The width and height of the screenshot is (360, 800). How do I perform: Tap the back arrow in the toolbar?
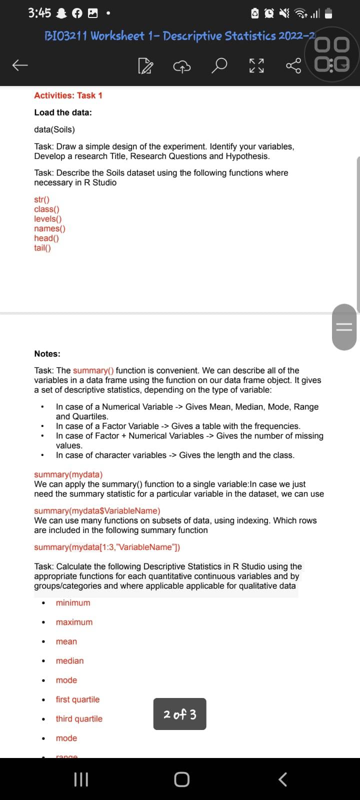[x=19, y=65]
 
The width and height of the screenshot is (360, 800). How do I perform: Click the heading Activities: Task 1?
[x=68, y=95]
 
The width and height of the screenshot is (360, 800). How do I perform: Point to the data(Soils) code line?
[x=54, y=129]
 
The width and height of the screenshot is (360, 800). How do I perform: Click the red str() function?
[x=42, y=199]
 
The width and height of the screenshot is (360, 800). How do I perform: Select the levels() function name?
[x=48, y=218]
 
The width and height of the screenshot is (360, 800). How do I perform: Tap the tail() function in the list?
[x=42, y=247]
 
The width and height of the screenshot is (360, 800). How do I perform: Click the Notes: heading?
[x=47, y=353]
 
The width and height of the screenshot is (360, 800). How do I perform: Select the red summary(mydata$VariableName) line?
[x=97, y=510]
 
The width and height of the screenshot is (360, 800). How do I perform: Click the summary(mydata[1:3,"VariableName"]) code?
[x=107, y=547]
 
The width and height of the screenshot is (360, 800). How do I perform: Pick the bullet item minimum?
[x=73, y=602]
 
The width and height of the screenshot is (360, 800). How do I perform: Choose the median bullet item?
[x=69, y=660]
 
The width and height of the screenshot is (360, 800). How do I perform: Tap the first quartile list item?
[x=77, y=699]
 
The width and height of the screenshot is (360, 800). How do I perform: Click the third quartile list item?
[x=79, y=718]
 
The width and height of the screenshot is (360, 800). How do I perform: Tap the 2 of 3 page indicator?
[x=179, y=714]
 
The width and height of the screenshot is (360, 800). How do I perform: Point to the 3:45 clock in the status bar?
[x=39, y=13]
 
